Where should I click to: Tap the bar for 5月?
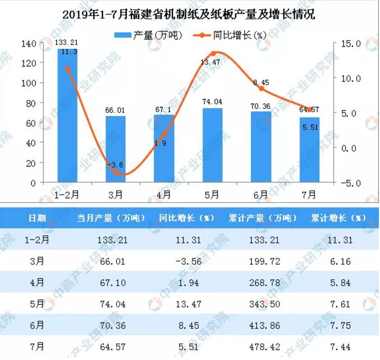click(212, 145)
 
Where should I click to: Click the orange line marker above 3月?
click(116, 172)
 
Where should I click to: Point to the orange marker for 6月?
click(261, 89)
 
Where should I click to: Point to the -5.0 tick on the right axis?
click(349, 183)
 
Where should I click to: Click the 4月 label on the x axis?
click(164, 195)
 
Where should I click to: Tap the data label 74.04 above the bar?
click(212, 102)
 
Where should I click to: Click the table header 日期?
click(38, 218)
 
